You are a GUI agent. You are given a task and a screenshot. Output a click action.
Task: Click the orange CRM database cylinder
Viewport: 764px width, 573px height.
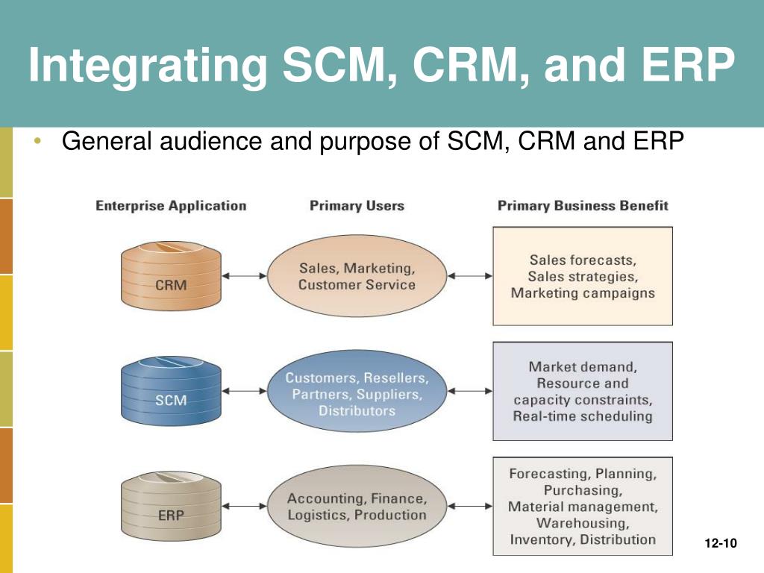click(x=171, y=276)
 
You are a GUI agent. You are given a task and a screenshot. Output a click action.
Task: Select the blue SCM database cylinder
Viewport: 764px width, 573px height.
click(x=171, y=391)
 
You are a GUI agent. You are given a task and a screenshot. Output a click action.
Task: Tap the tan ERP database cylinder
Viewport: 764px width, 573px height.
click(x=171, y=506)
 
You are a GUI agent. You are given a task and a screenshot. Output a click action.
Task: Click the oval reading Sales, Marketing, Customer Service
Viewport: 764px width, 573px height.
click(x=357, y=276)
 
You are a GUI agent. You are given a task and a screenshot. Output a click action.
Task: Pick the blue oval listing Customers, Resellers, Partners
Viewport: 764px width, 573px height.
click(x=357, y=391)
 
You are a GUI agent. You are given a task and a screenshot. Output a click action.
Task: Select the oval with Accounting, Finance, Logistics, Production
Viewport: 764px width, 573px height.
click(x=357, y=506)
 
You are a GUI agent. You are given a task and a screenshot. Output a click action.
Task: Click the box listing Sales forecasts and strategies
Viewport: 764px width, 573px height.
click(x=583, y=276)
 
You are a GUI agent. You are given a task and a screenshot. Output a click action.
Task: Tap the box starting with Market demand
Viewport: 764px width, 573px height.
click(x=583, y=391)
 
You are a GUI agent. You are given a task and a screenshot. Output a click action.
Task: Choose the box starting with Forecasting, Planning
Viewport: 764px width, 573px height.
click(x=583, y=507)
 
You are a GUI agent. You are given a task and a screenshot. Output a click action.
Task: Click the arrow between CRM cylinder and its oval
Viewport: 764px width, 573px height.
click(x=244, y=276)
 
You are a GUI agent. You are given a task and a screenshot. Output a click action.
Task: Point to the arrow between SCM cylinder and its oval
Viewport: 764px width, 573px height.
click(x=244, y=391)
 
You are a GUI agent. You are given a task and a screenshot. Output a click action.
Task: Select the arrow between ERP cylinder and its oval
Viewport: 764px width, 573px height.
click(x=244, y=506)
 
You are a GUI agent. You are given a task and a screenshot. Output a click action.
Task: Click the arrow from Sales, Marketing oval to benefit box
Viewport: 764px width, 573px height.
click(x=470, y=276)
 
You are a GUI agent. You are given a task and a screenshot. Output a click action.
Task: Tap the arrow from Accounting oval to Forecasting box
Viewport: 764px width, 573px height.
click(x=470, y=506)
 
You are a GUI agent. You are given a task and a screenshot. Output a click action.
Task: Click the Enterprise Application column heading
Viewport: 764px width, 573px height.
click(x=171, y=206)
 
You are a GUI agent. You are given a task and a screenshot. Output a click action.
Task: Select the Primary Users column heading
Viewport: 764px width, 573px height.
click(x=357, y=206)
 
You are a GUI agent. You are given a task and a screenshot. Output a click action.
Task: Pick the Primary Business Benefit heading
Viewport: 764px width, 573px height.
click(x=583, y=206)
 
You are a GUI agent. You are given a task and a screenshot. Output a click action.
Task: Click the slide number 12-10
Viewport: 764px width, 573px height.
click(x=721, y=543)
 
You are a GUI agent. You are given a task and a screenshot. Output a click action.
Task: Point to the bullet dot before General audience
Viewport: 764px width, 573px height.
click(x=38, y=141)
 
